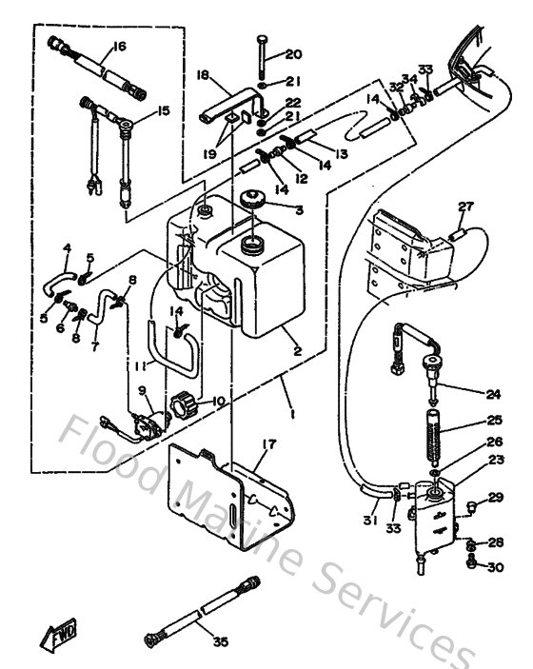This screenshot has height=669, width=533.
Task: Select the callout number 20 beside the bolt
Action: pyautogui.click(x=293, y=54)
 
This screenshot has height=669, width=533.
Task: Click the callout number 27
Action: pyautogui.click(x=465, y=208)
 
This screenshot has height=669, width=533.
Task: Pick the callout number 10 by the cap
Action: pyautogui.click(x=219, y=401)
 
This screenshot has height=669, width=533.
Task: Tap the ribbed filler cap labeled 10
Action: pyautogui.click(x=182, y=408)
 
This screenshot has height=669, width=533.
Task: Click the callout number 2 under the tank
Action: pyautogui.click(x=297, y=351)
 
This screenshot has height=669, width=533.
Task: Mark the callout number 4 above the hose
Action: pyautogui.click(x=67, y=249)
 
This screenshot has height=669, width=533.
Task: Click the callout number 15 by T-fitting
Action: pyautogui.click(x=164, y=111)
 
